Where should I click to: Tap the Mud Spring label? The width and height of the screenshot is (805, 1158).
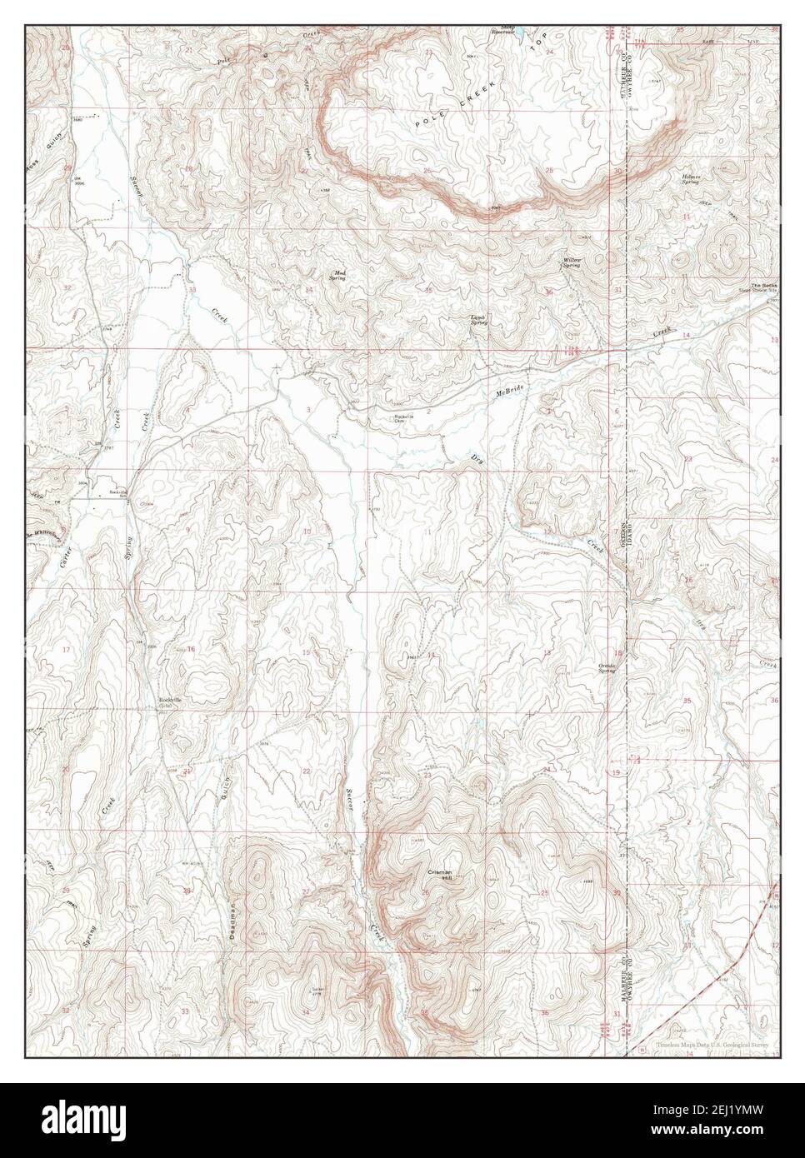coord(339,276)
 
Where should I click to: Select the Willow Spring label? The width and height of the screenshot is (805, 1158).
coord(571,263)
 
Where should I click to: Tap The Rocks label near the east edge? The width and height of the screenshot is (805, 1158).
coord(762,287)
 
